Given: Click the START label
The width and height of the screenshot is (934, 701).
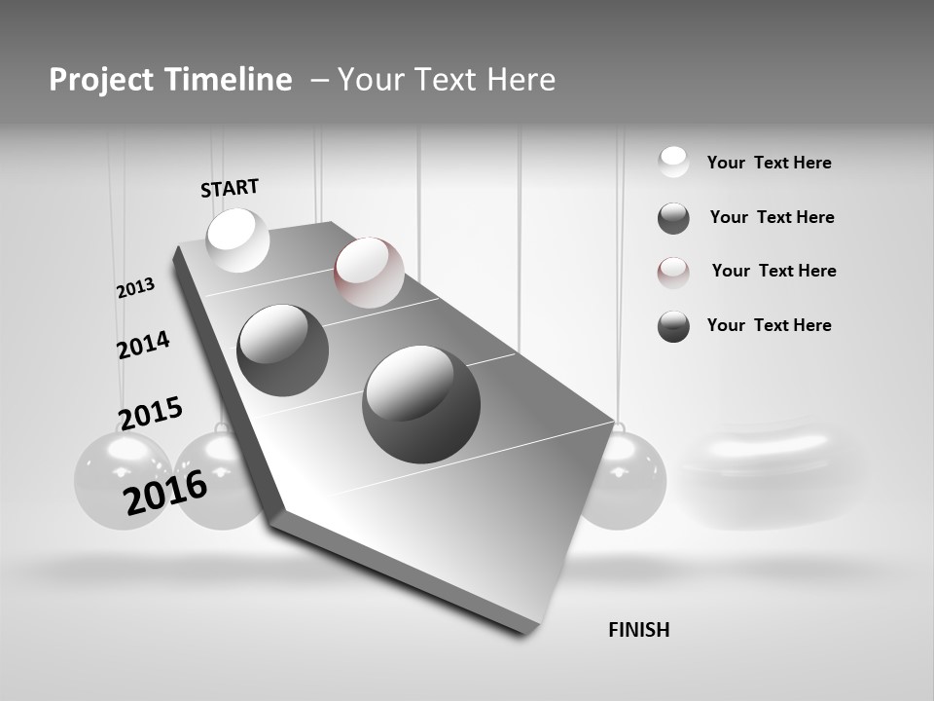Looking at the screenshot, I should pyautogui.click(x=230, y=188).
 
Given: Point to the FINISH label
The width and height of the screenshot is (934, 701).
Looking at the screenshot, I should pyautogui.click(x=638, y=630).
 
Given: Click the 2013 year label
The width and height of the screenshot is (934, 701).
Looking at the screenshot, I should pyautogui.click(x=136, y=288).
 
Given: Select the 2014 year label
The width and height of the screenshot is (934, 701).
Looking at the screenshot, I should pyautogui.click(x=143, y=345).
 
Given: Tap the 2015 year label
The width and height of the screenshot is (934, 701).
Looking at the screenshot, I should pyautogui.click(x=151, y=413).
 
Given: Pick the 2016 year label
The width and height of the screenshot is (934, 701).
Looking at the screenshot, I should pyautogui.click(x=165, y=493).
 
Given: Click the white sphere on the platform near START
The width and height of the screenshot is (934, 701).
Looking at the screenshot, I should pyautogui.click(x=238, y=240).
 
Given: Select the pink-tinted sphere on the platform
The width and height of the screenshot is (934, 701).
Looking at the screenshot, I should pyautogui.click(x=369, y=273).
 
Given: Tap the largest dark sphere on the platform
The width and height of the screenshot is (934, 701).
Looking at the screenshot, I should pyautogui.click(x=421, y=404).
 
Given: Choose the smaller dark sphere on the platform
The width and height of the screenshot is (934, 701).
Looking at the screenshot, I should pyautogui.click(x=283, y=350).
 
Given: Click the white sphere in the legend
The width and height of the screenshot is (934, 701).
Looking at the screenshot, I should pyautogui.click(x=673, y=162).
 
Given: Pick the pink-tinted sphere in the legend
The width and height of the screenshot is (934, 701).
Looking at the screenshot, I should pyautogui.click(x=673, y=273).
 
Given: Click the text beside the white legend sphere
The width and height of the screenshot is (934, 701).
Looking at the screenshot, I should pyautogui.click(x=769, y=163).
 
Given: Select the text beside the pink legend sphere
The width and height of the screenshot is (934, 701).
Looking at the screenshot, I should pyautogui.click(x=773, y=271).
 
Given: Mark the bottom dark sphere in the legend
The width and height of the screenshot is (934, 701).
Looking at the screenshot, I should pyautogui.click(x=673, y=327).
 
